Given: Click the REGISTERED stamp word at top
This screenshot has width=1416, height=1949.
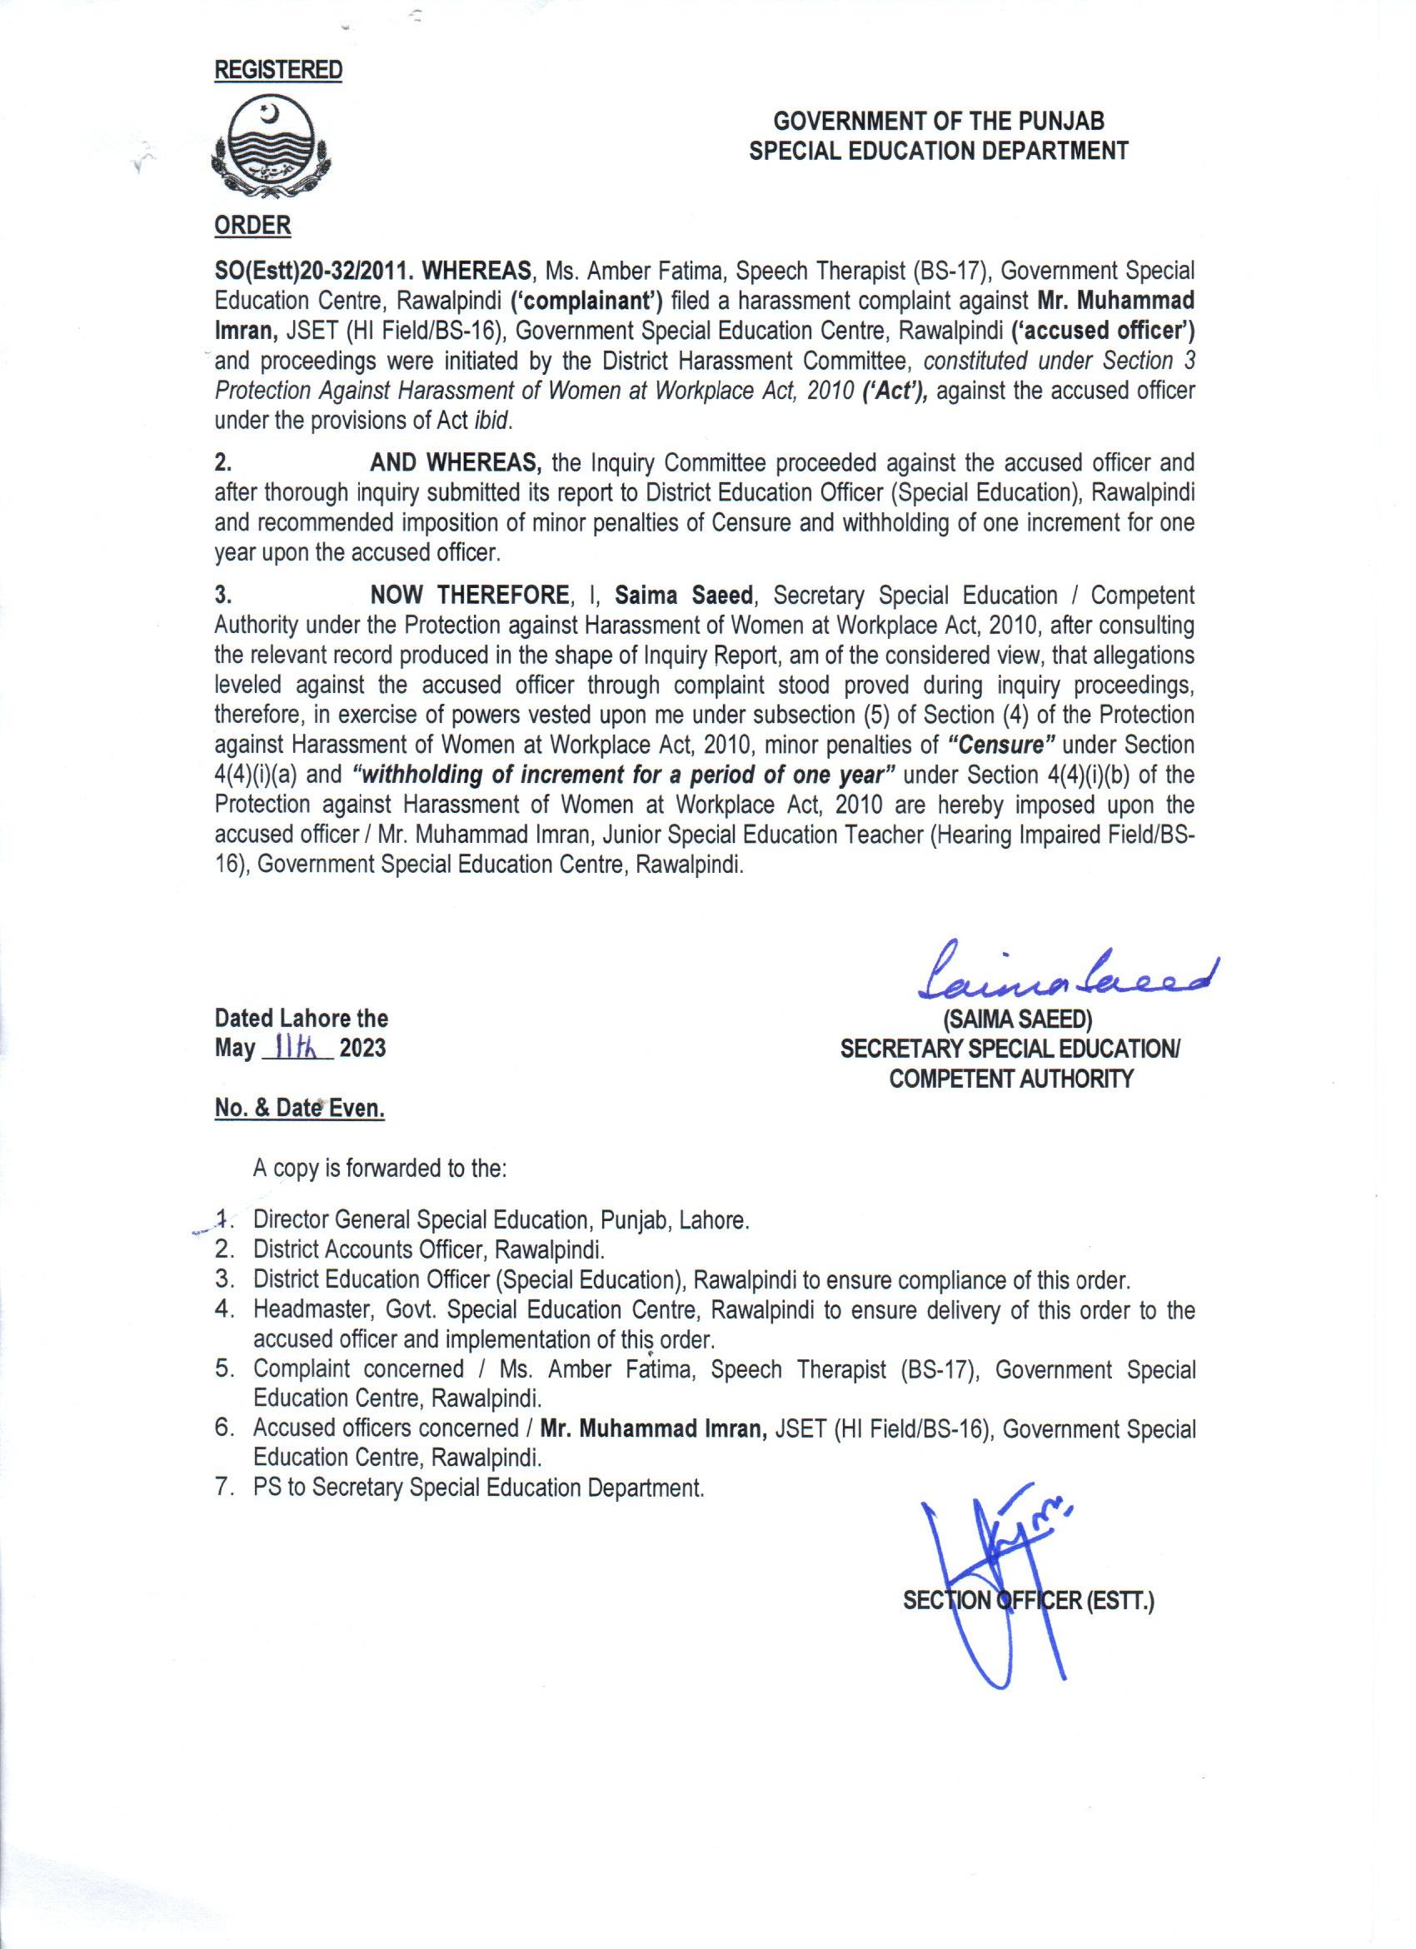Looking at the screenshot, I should tap(277, 70).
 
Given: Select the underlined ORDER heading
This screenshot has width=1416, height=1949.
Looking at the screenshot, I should tap(252, 226).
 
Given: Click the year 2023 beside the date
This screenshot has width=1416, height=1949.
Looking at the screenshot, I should tap(361, 1049).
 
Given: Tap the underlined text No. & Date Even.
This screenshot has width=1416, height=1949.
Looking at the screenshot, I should tap(299, 1109).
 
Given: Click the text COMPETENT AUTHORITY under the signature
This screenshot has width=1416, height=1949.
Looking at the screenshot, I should tap(1011, 1079).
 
